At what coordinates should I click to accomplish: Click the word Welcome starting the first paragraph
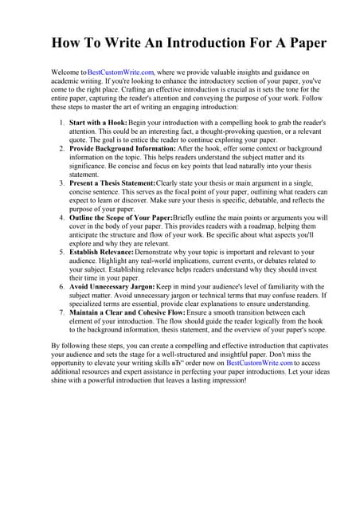point(67,72)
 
